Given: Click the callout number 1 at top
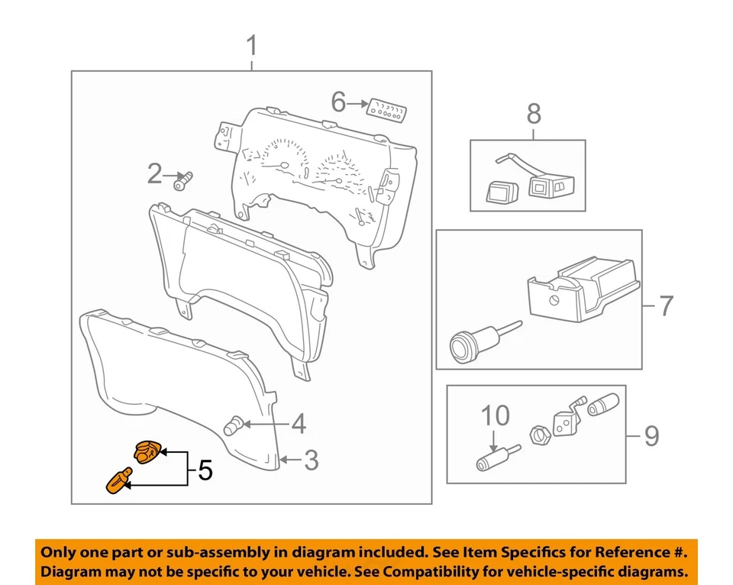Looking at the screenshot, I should pos(251,47).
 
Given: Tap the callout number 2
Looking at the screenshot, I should pos(155,176).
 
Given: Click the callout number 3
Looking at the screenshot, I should pos(311,461).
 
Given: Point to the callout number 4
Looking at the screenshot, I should pos(298,423).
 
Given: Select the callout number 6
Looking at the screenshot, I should pos(339,101).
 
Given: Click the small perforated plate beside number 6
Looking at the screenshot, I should pos(386,108).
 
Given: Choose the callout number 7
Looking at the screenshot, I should pos(666,306).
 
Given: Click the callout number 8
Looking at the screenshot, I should pos(534,115).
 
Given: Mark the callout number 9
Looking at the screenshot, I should pos(650,436).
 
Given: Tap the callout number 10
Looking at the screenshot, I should pos(495,415).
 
